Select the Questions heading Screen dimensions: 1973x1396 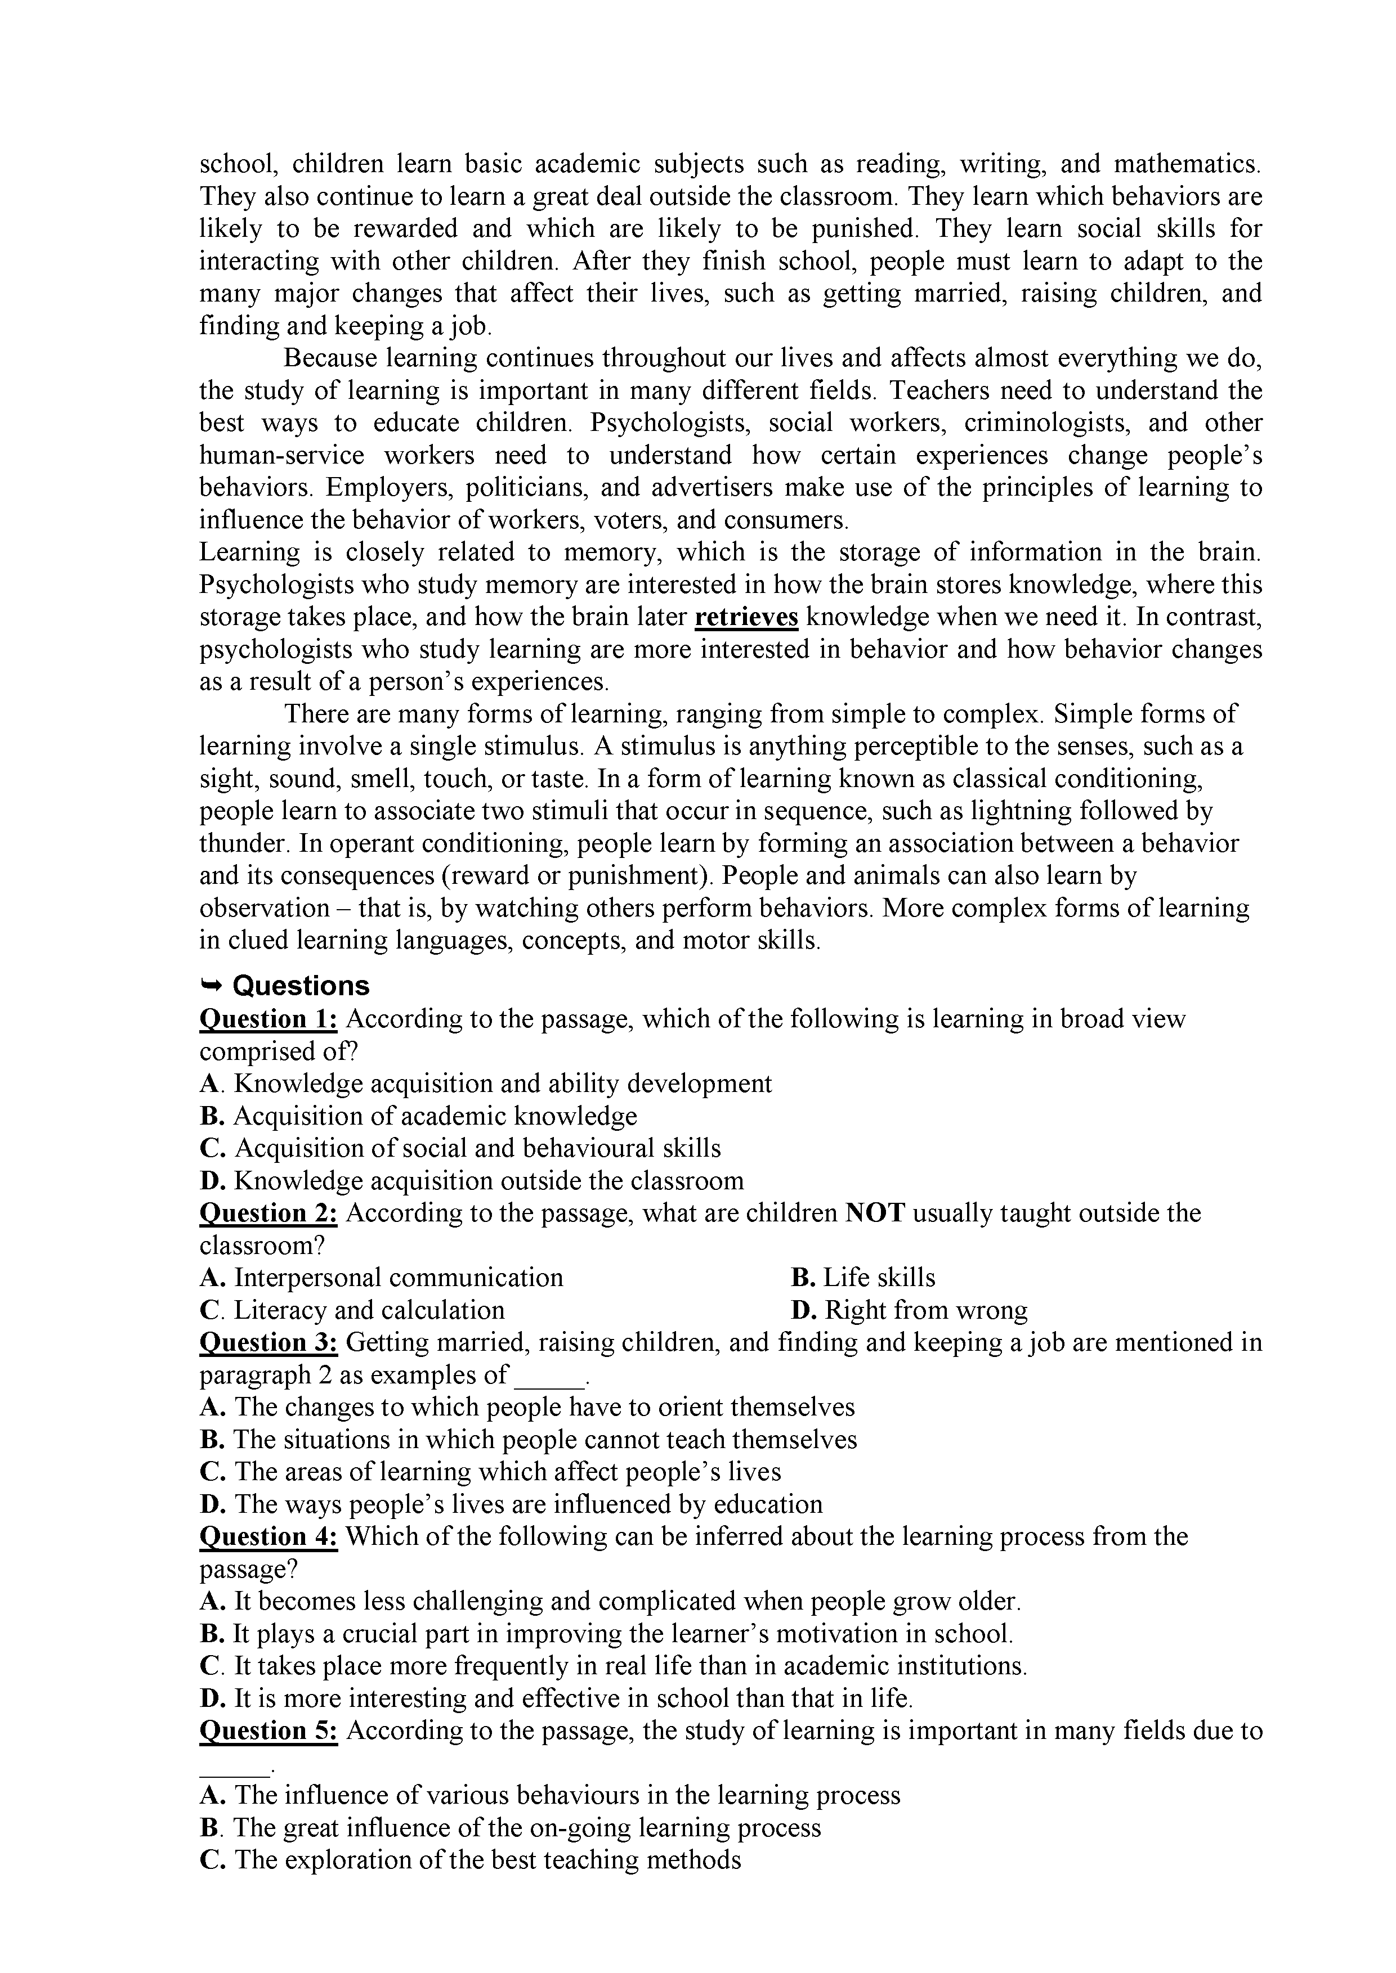[x=301, y=985]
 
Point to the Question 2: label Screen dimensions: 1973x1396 [x=268, y=1212]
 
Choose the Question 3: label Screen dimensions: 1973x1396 [x=268, y=1342]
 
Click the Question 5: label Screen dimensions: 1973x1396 [x=268, y=1730]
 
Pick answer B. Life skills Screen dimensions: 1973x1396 [x=862, y=1277]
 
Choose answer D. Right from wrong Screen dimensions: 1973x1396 [x=909, y=1310]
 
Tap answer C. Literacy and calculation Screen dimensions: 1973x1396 [x=352, y=1310]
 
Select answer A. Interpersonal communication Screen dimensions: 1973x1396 [x=382, y=1277]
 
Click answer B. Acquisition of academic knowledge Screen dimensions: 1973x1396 [x=419, y=1116]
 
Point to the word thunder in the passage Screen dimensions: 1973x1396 [x=241, y=843]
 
